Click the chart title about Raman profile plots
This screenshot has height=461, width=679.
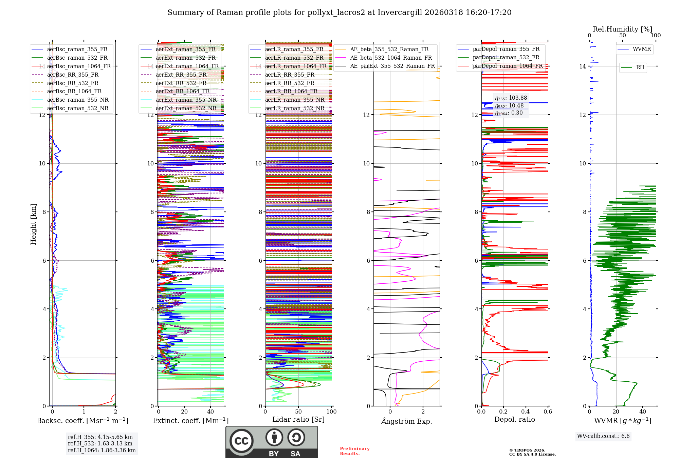(x=339, y=13)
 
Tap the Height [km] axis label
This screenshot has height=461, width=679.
(x=33, y=224)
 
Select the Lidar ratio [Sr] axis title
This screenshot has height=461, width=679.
(x=298, y=419)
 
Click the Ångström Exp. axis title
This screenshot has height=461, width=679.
(x=406, y=421)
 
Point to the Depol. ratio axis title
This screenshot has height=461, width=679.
(x=514, y=419)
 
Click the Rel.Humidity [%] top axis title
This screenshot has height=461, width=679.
(x=622, y=29)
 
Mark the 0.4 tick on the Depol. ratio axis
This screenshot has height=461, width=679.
(x=526, y=412)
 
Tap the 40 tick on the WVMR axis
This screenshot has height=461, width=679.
(x=642, y=412)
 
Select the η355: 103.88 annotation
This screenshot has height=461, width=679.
(x=511, y=98)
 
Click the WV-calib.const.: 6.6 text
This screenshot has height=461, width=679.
(x=603, y=436)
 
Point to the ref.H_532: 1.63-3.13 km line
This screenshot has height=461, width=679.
(x=100, y=443)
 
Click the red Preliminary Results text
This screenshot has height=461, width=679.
(x=354, y=451)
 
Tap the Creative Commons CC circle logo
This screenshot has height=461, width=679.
(x=241, y=441)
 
